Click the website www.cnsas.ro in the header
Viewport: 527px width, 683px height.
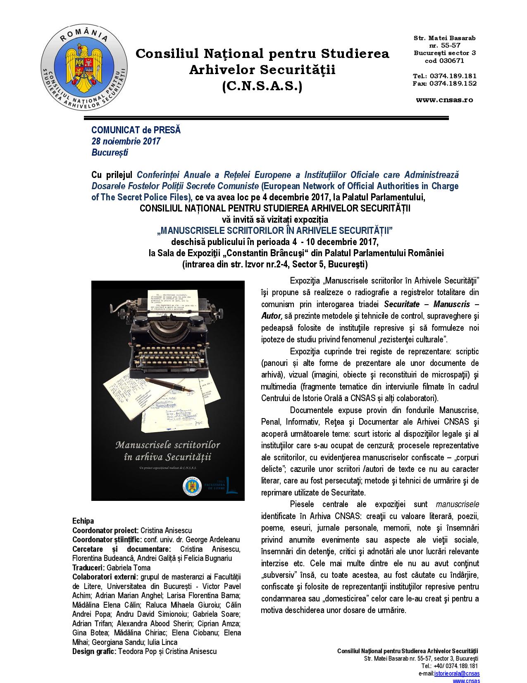tap(444, 99)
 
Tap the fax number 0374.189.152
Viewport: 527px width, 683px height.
tap(453, 83)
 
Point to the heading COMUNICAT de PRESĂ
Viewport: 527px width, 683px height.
tap(136, 130)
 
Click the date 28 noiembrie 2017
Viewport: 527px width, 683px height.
tap(126, 141)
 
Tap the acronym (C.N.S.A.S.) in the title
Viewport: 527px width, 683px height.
tap(262, 86)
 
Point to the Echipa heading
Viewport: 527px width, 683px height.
tap(83, 521)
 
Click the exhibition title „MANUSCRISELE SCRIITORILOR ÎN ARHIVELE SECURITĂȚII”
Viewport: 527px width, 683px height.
tap(274, 230)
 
